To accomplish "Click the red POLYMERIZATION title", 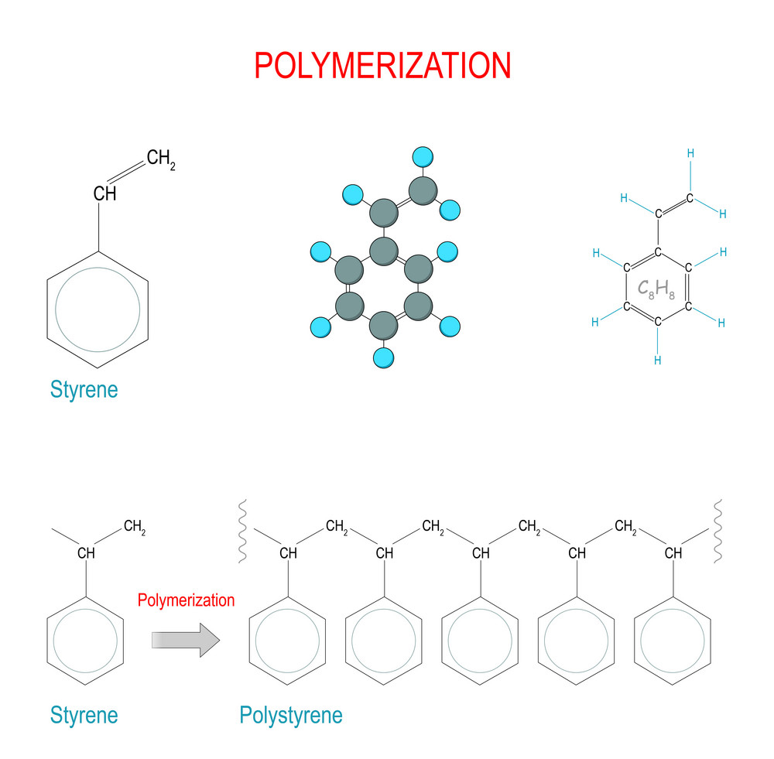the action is [382, 67].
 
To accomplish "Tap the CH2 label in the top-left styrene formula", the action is [160, 160].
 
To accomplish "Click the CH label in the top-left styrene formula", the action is [104, 193].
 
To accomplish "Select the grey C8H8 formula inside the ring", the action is [656, 289].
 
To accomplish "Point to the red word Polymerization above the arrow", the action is [186, 600].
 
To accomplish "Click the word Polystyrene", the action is [290, 715].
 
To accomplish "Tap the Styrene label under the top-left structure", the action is [84, 389].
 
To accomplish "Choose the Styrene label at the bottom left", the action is [84, 715].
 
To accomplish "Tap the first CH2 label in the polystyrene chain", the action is [337, 528].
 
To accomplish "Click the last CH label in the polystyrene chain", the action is [673, 553].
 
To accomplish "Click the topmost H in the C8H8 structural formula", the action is [690, 153].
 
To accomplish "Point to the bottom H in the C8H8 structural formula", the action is [657, 360].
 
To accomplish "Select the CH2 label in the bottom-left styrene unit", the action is [134, 529].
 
